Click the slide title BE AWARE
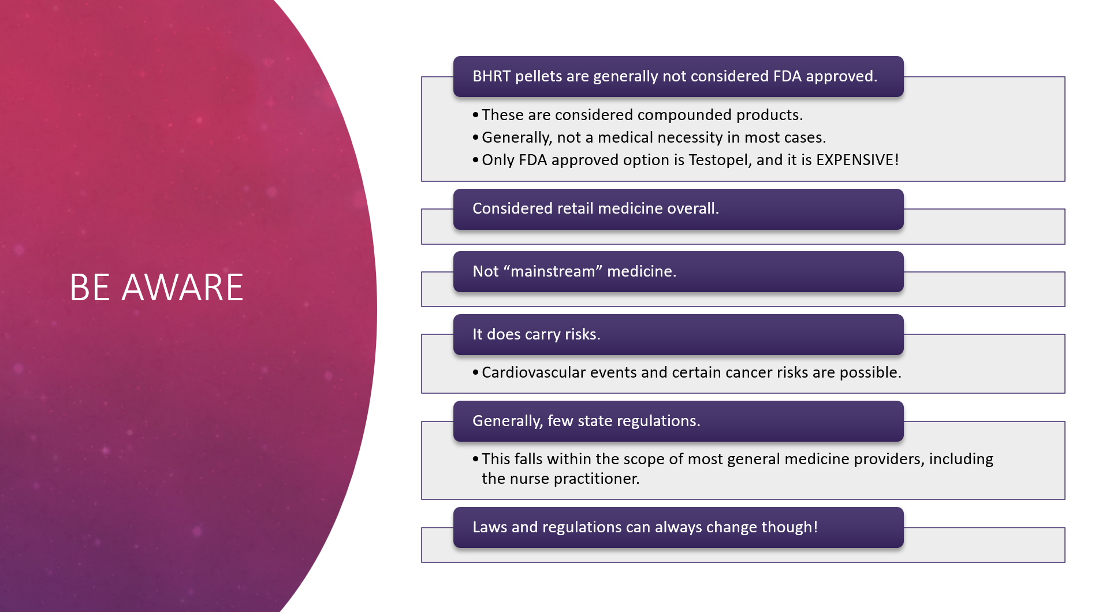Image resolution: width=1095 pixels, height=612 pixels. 157,287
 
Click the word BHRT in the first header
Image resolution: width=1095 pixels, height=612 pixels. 491,76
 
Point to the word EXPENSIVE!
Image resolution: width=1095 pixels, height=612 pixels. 857,160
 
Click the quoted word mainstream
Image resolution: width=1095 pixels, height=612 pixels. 553,271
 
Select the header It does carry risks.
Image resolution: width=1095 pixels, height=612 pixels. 537,334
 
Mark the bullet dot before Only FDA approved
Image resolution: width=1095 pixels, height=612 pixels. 475,160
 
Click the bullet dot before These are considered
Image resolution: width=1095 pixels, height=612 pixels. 475,115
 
